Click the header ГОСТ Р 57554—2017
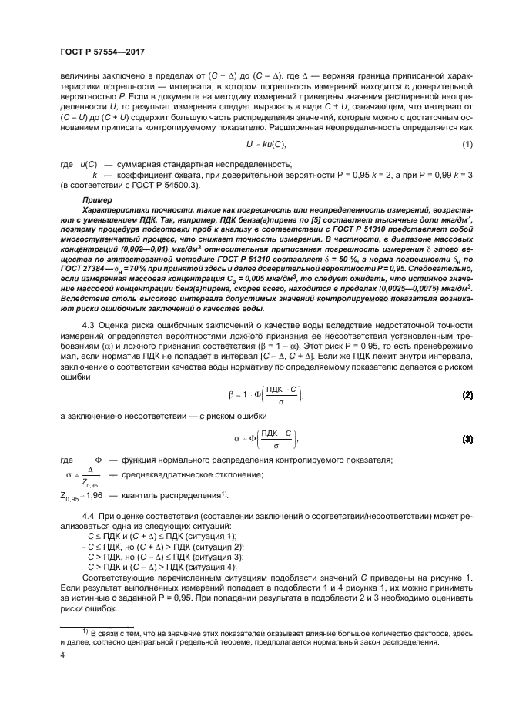pos(102,52)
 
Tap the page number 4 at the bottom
pos(62,656)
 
